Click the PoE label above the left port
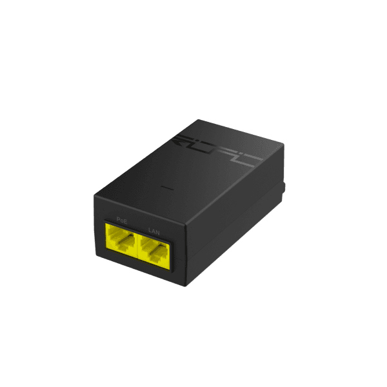click(123, 221)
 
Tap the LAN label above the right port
click(154, 230)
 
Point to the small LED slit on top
click(167, 190)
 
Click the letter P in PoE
click(119, 220)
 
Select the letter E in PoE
click(126, 221)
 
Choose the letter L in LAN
click(150, 229)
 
